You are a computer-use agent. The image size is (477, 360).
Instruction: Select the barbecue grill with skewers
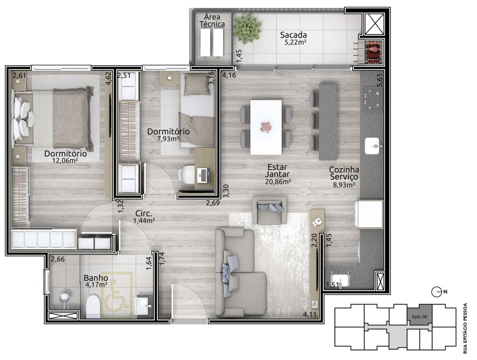[371, 52]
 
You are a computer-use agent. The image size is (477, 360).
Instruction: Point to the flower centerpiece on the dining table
[266, 127]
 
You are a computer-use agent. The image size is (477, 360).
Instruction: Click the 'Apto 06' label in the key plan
[419, 317]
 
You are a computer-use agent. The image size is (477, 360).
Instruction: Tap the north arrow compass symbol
[437, 292]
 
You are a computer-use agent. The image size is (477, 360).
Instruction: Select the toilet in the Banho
[93, 307]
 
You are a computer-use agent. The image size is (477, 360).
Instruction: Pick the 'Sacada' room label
[293, 34]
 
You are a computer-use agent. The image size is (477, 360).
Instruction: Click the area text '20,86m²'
[278, 182]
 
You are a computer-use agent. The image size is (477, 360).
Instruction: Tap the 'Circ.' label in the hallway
[143, 213]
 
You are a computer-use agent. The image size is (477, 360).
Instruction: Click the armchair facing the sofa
[269, 210]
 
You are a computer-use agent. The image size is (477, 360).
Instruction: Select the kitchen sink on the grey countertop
[372, 146]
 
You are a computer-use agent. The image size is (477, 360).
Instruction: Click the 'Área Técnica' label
[212, 20]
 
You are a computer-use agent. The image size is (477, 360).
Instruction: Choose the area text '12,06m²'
[65, 160]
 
